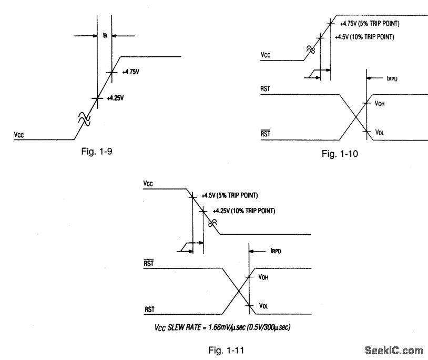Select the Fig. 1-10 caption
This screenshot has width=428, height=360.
340,154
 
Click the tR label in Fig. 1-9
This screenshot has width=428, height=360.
105,36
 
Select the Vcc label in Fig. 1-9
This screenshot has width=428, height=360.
21,135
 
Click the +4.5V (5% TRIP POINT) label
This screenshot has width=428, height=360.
230,195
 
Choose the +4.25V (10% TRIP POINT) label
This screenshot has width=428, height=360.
243,211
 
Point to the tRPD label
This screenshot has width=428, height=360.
275,252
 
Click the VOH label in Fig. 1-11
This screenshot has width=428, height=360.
263,277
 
